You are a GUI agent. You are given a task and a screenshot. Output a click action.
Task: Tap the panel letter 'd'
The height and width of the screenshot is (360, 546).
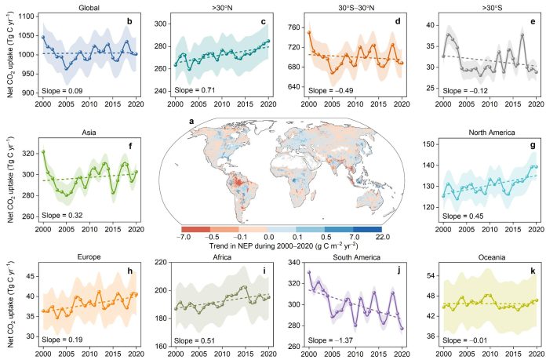point(397,20)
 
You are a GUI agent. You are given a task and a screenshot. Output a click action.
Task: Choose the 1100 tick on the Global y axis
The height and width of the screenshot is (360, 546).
point(28,16)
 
